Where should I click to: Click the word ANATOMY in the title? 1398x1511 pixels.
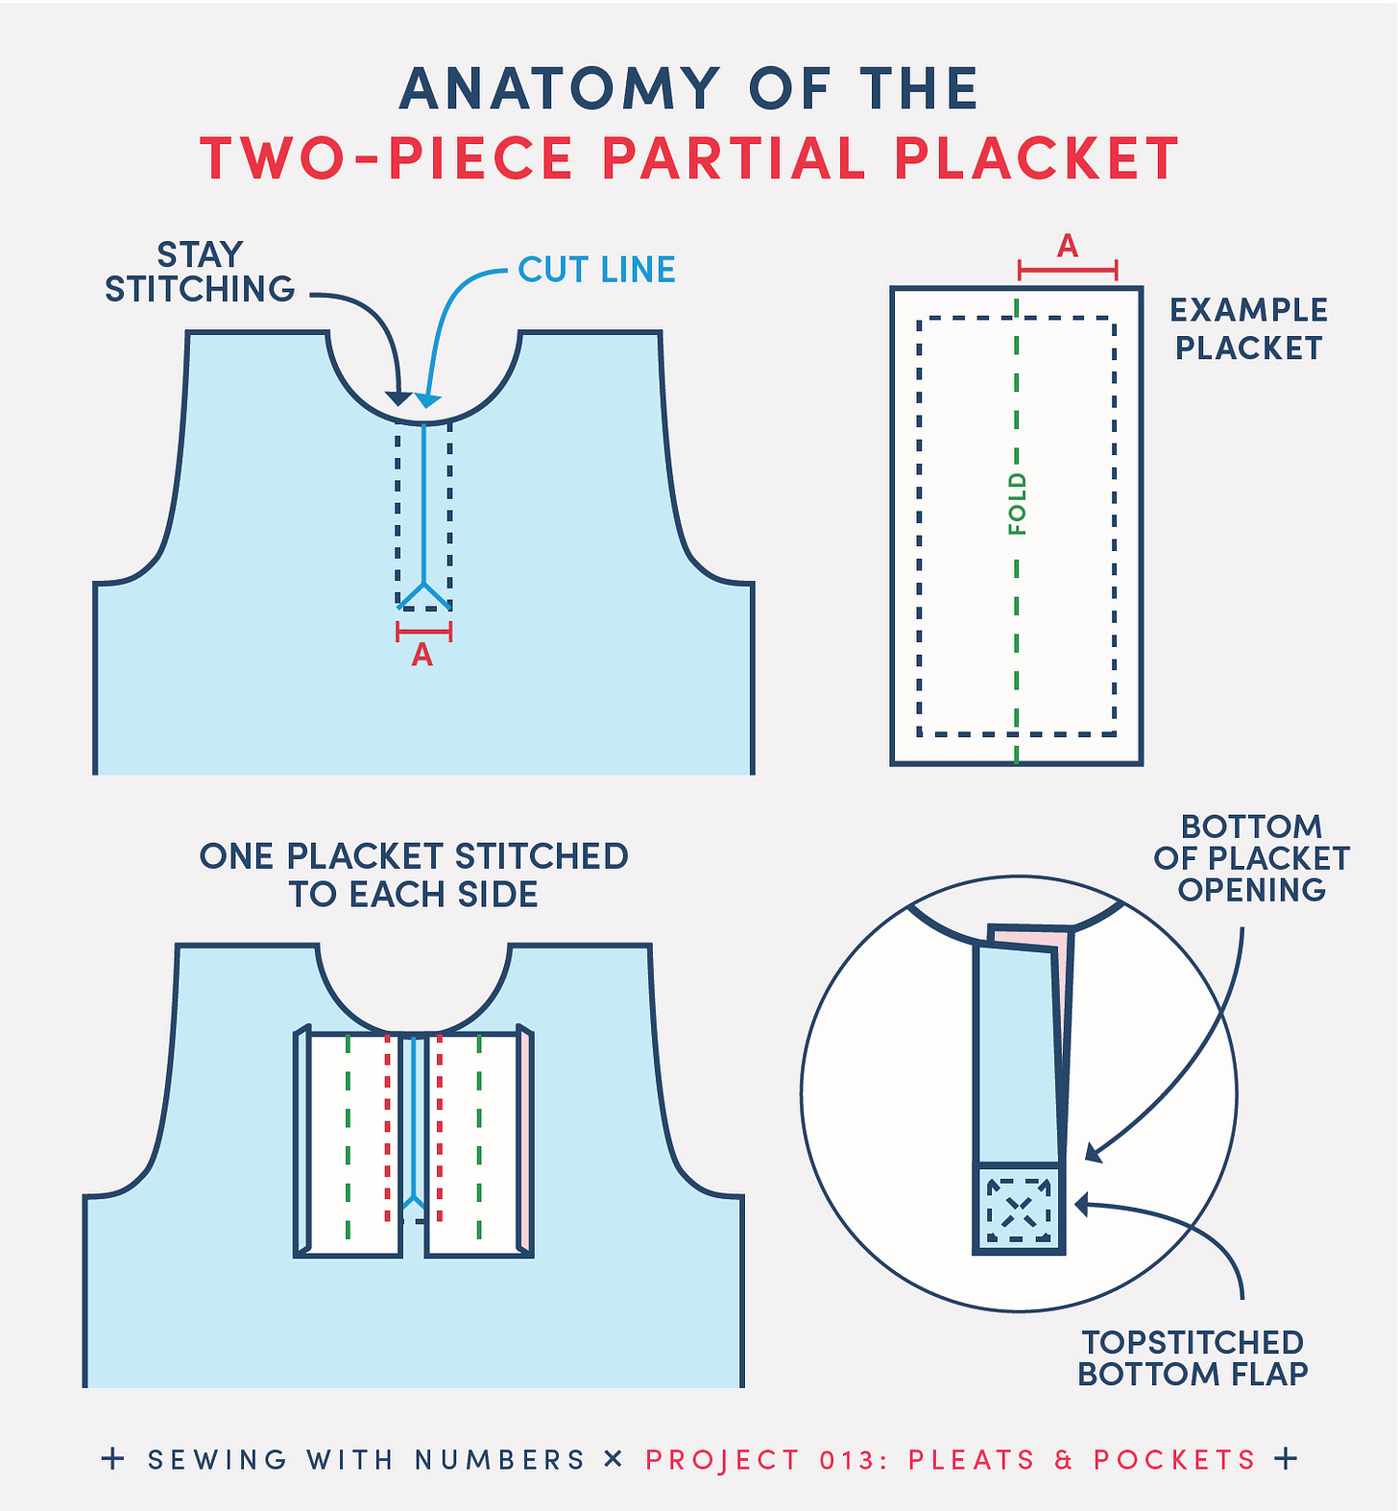(x=560, y=89)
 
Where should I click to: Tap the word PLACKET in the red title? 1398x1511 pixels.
(x=1036, y=158)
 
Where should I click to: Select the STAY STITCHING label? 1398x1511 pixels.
(x=200, y=272)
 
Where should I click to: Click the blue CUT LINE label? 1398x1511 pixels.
(x=596, y=270)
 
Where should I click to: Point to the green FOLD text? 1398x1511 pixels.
(x=1017, y=504)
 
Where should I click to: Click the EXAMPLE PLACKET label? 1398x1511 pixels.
(x=1248, y=329)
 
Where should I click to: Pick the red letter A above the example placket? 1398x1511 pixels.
(x=1068, y=247)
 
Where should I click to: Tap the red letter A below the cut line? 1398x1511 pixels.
(x=422, y=655)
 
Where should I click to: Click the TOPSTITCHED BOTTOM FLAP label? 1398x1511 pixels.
(x=1193, y=1357)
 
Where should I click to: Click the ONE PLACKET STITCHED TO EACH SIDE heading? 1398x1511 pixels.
(x=414, y=875)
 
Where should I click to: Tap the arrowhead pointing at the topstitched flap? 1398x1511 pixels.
(x=1081, y=1204)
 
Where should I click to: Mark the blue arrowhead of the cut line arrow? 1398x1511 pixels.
(x=428, y=400)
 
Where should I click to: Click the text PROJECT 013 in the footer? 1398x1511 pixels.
(x=759, y=1460)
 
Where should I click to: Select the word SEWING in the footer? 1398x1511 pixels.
(x=217, y=1460)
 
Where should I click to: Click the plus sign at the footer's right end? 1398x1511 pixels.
(x=1286, y=1458)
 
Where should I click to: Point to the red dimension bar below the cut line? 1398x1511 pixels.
(x=423, y=632)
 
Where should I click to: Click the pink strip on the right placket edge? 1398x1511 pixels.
(x=527, y=1142)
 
